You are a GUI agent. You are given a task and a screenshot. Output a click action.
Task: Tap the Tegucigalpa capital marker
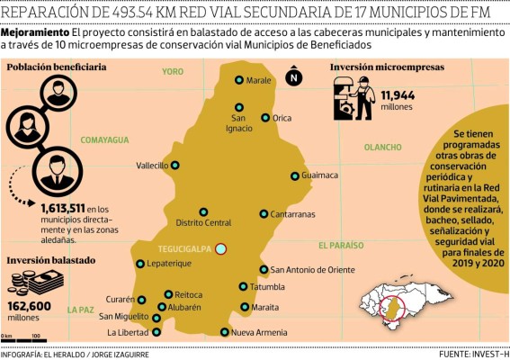pos(221,249)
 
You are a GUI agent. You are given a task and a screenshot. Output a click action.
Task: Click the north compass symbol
pos(294,78)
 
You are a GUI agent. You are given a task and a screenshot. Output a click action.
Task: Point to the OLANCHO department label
pos(384,147)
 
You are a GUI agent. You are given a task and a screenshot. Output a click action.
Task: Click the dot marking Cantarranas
pos(264,214)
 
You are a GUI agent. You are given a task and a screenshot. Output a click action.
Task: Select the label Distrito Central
pos(203,223)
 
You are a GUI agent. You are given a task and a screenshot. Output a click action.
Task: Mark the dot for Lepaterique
pos(140,264)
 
